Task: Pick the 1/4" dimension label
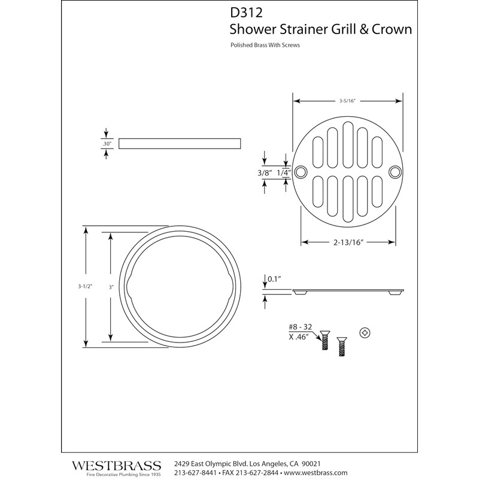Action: (284, 172)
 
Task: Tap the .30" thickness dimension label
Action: (107, 144)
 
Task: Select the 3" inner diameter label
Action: (111, 287)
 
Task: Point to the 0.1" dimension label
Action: (274, 278)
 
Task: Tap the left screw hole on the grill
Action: (301, 172)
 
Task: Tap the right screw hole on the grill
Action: (395, 172)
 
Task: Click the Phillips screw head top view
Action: (363, 332)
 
